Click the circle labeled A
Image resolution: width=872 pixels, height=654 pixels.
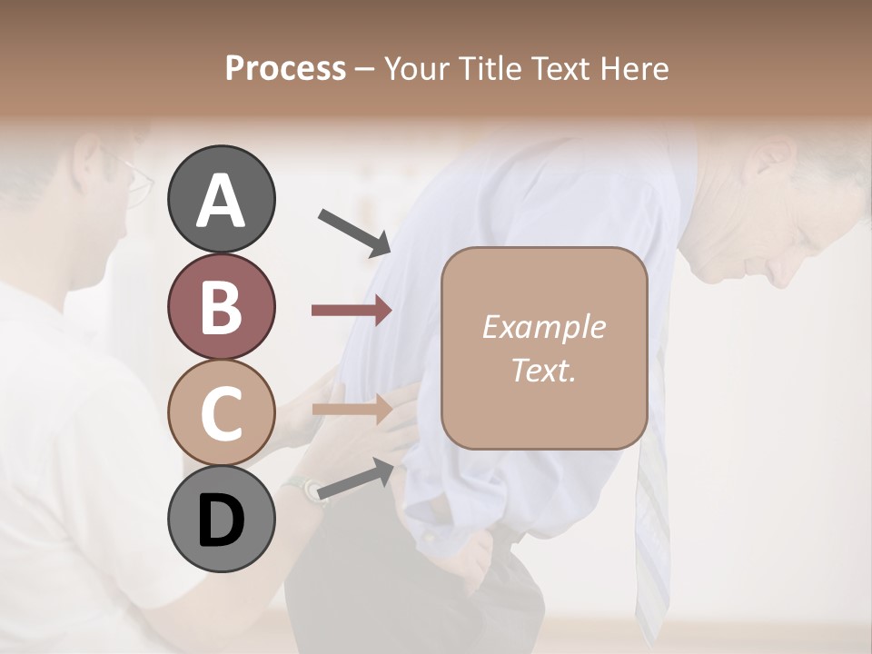click(221, 199)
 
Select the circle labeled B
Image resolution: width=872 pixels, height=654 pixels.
click(221, 306)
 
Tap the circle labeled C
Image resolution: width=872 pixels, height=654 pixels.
click(221, 412)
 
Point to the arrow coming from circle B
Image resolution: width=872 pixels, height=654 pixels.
click(351, 311)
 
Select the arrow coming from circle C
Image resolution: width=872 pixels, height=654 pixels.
click(351, 409)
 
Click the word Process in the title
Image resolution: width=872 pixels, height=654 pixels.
click(285, 69)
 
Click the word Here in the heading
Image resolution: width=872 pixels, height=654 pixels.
click(635, 69)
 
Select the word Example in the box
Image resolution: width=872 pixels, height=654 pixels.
click(543, 328)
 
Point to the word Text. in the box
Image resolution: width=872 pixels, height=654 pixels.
click(543, 370)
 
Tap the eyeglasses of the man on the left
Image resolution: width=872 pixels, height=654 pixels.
click(136, 182)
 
